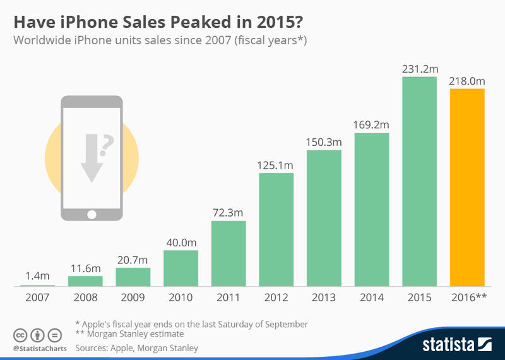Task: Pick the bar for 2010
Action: point(181,268)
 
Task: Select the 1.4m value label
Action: point(37,276)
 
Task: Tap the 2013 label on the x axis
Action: point(324,297)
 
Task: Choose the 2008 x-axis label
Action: point(85,297)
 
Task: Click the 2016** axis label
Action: point(467,297)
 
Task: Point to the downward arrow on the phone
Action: point(92,158)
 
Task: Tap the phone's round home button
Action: point(92,215)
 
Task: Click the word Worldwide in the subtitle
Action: point(42,41)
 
